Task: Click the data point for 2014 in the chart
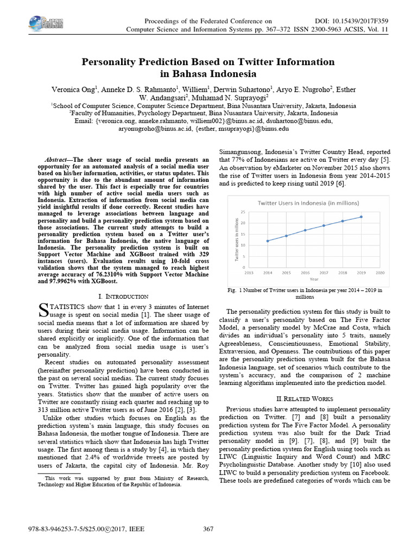point(267,241)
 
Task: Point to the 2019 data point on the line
point(361,217)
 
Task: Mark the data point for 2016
point(305,230)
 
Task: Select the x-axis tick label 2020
point(380,273)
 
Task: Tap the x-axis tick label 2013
point(249,273)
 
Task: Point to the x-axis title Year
point(314,279)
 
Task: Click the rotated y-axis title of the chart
point(237,239)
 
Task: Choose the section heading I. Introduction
point(123,296)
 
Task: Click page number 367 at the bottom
point(208,529)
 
